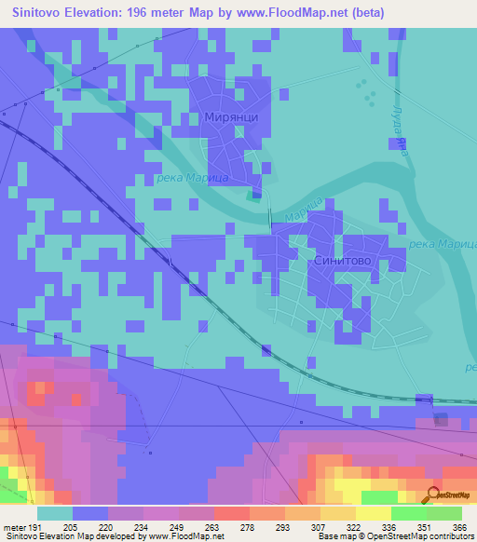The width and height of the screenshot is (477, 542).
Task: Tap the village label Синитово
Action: click(343, 263)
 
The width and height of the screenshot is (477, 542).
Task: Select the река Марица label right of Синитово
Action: click(436, 244)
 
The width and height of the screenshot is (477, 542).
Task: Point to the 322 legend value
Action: click(354, 526)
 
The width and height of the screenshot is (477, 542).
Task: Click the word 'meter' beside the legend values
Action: click(16, 526)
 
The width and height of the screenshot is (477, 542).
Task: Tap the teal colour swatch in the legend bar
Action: click(54, 513)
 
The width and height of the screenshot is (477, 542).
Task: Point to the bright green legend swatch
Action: click(408, 513)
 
